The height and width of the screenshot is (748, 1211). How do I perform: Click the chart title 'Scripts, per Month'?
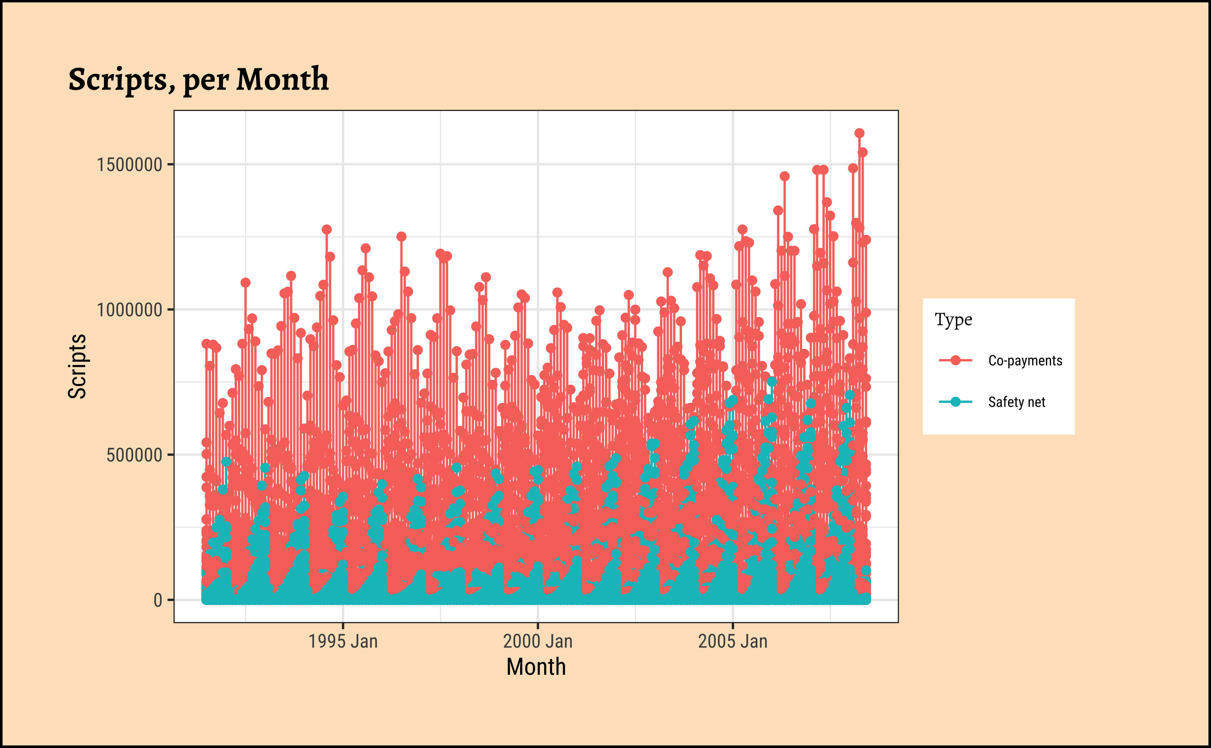pos(198,79)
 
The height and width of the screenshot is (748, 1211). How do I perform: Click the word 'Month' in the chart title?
pos(282,79)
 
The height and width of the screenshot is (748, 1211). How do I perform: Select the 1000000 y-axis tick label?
pos(130,310)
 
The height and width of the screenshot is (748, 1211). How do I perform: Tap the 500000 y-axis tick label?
pos(134,455)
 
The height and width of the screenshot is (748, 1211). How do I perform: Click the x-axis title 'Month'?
pos(536,667)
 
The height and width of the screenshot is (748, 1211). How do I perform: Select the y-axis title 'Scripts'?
pos(77,366)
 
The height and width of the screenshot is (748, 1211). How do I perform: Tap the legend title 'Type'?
pos(953,320)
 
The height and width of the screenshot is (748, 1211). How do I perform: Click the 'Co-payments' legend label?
pos(1025,361)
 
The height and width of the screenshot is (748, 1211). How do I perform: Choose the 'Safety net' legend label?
pos(1016,402)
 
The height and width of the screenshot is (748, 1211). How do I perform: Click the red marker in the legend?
pos(956,361)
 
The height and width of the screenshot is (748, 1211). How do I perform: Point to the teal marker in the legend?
pos(956,402)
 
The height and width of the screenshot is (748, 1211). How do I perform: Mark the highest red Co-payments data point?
pos(859,133)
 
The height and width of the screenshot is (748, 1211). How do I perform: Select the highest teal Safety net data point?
pos(772,381)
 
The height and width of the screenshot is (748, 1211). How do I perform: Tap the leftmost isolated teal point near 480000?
pos(226,461)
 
